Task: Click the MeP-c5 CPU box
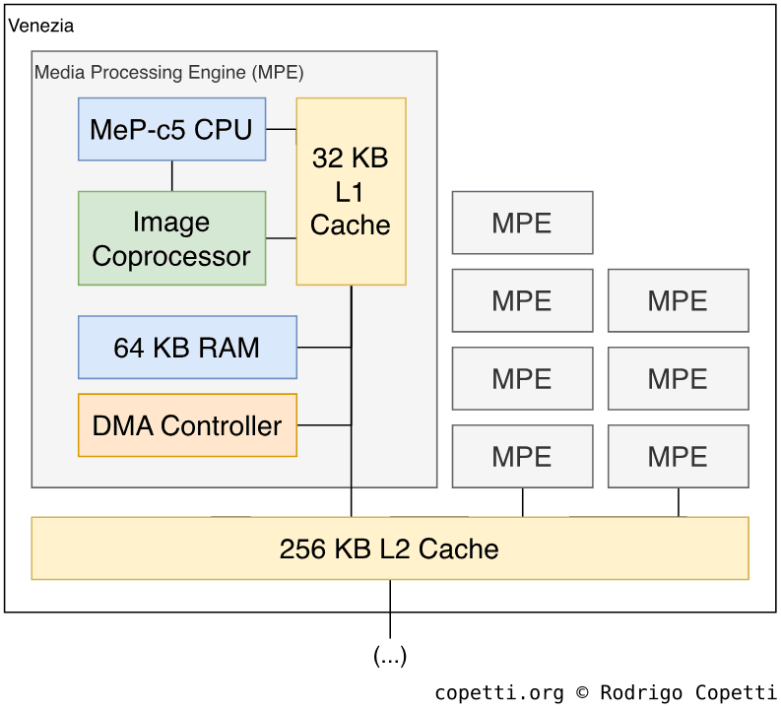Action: pos(171,129)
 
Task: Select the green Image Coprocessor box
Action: pos(171,238)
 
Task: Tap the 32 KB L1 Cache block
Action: pos(351,191)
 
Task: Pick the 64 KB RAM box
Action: pos(187,348)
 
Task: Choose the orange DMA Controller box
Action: pos(187,425)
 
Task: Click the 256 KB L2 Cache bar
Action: pos(389,549)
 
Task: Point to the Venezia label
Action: pos(40,26)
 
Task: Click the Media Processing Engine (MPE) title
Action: pos(169,73)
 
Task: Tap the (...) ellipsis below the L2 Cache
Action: pos(390,656)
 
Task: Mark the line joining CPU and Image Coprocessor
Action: pos(172,175)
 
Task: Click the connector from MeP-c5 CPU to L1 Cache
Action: pos(281,129)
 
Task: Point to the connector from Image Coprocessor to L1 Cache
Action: pos(281,238)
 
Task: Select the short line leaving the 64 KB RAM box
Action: pos(323,348)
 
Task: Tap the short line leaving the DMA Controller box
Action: pos(323,425)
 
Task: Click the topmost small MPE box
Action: pos(522,223)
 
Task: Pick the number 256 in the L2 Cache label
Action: pos(301,549)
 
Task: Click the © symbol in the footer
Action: pos(583,692)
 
